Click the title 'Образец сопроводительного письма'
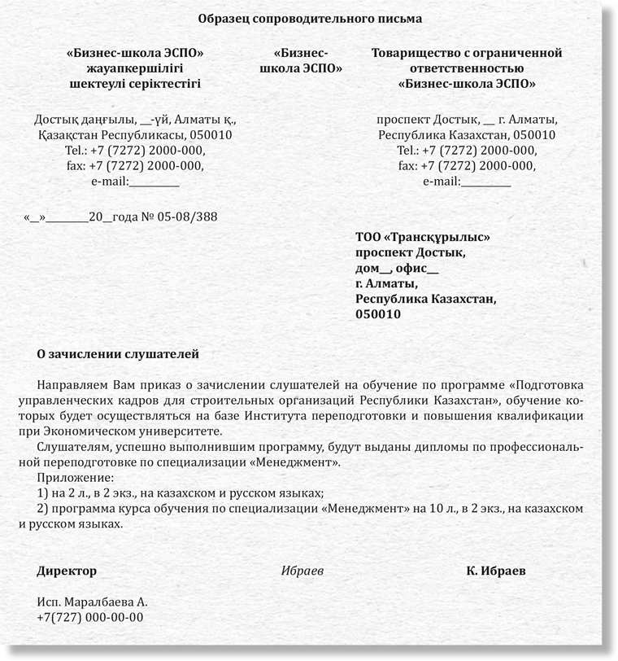point(310,17)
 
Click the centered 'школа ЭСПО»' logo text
point(301,68)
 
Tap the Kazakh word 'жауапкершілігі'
point(135,68)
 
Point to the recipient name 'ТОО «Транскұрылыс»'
point(423,238)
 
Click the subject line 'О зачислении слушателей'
point(118,354)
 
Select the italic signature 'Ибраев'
point(302,571)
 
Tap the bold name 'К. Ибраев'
point(496,571)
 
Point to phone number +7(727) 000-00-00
point(90,618)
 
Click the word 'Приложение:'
point(76,478)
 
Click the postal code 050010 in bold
point(378,315)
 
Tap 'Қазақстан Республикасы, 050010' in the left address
point(135,135)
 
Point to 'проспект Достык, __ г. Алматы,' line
point(467,120)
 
